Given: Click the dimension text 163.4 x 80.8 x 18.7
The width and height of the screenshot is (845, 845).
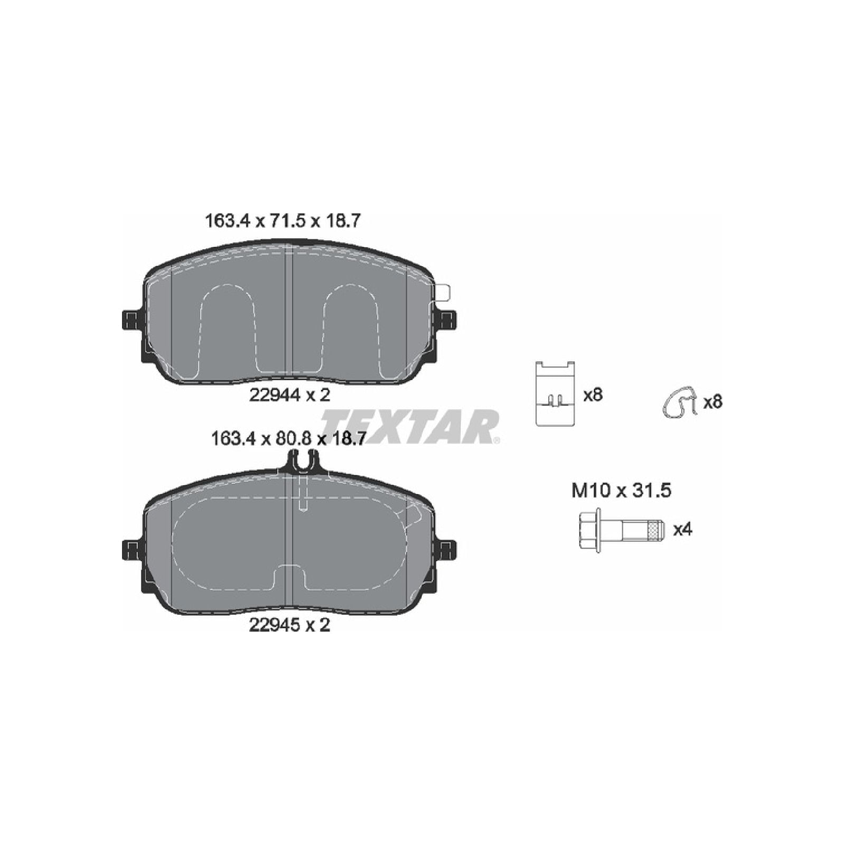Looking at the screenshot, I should [x=288, y=438].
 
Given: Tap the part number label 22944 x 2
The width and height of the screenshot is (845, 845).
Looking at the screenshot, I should [x=289, y=395].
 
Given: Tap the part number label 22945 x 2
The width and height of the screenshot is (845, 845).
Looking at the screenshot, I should [x=289, y=625].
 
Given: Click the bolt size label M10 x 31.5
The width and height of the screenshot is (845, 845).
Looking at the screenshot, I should [x=621, y=491].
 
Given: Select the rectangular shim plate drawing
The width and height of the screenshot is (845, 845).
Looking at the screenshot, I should [x=555, y=393].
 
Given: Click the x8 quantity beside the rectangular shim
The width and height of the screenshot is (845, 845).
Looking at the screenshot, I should [x=593, y=395].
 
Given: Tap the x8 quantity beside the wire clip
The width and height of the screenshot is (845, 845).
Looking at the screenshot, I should [x=712, y=402].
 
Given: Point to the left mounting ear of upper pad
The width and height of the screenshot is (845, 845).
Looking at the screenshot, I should [x=130, y=320].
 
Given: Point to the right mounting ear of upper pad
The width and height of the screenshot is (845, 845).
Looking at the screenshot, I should [x=448, y=320].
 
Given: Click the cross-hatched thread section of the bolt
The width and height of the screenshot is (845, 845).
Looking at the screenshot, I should [x=655, y=530].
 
